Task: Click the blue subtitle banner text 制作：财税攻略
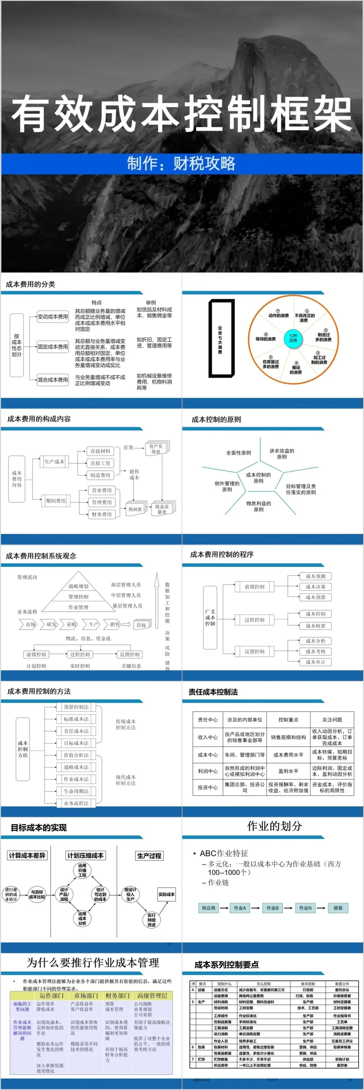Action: coord(181,163)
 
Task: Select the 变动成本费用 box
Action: coord(53,317)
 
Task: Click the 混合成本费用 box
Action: coord(53,380)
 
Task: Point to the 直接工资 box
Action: coord(100,463)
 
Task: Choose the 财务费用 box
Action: coord(101,514)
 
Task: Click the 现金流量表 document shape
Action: coord(162,509)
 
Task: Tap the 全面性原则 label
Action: coord(238,453)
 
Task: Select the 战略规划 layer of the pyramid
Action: coord(78,586)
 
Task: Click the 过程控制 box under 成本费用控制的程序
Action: coord(254,619)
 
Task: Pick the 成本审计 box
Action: coord(316,662)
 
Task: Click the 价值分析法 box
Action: coord(76,755)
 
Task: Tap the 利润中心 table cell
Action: coord(208,771)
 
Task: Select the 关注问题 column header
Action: coord(332,719)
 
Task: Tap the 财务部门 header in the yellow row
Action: coord(117,996)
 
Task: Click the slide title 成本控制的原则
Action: coord(216,419)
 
